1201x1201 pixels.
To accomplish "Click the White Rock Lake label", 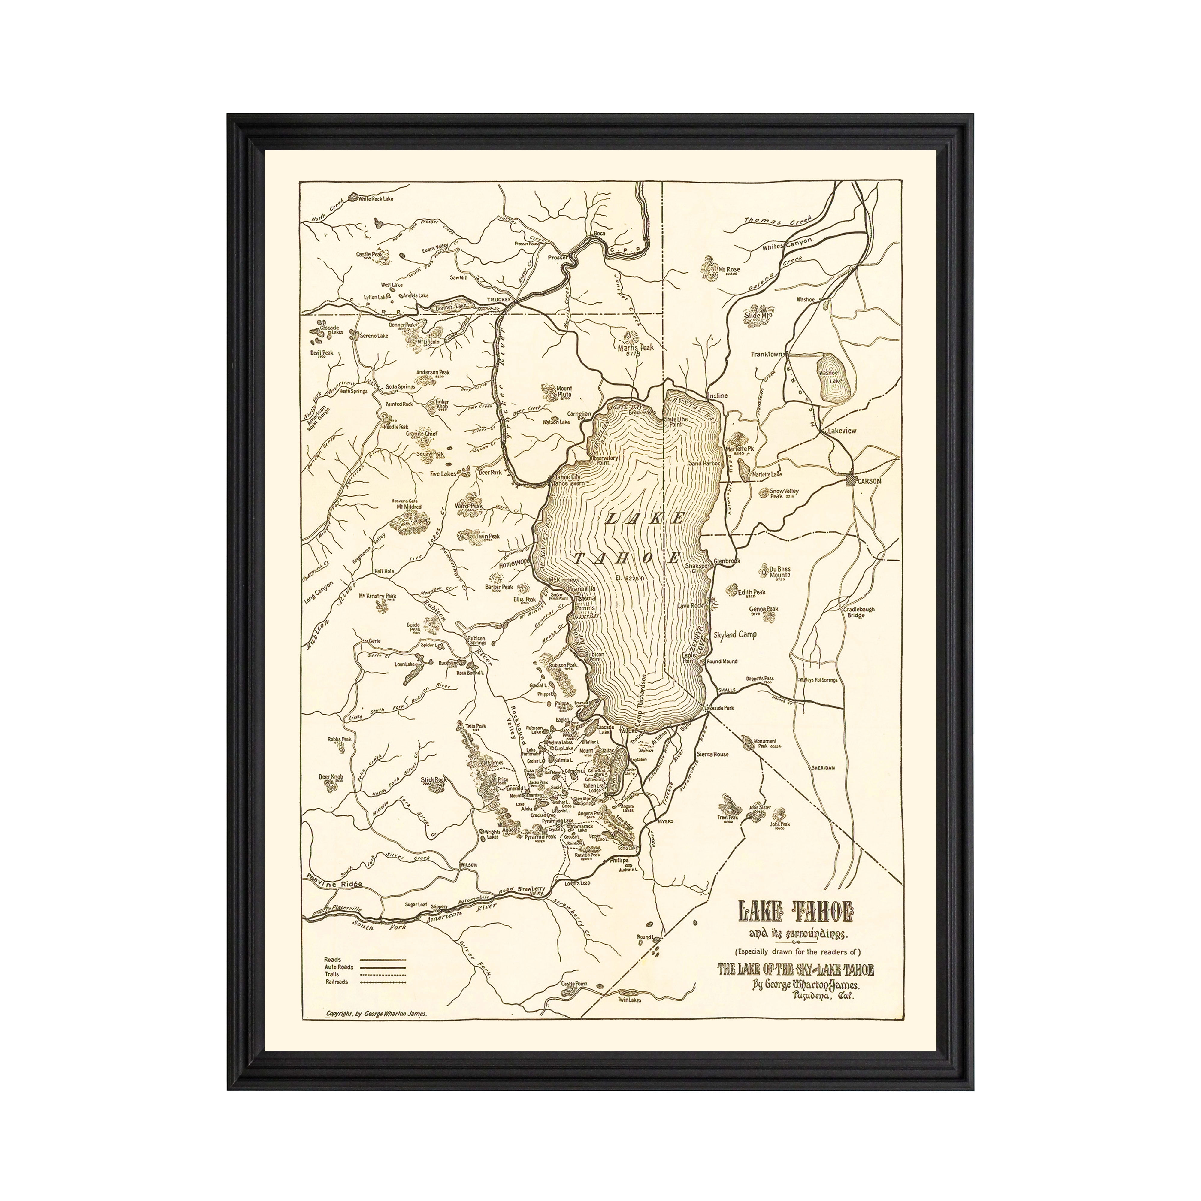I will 376,199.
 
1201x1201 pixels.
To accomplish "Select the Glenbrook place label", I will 727,561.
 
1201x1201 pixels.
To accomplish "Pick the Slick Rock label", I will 433,779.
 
